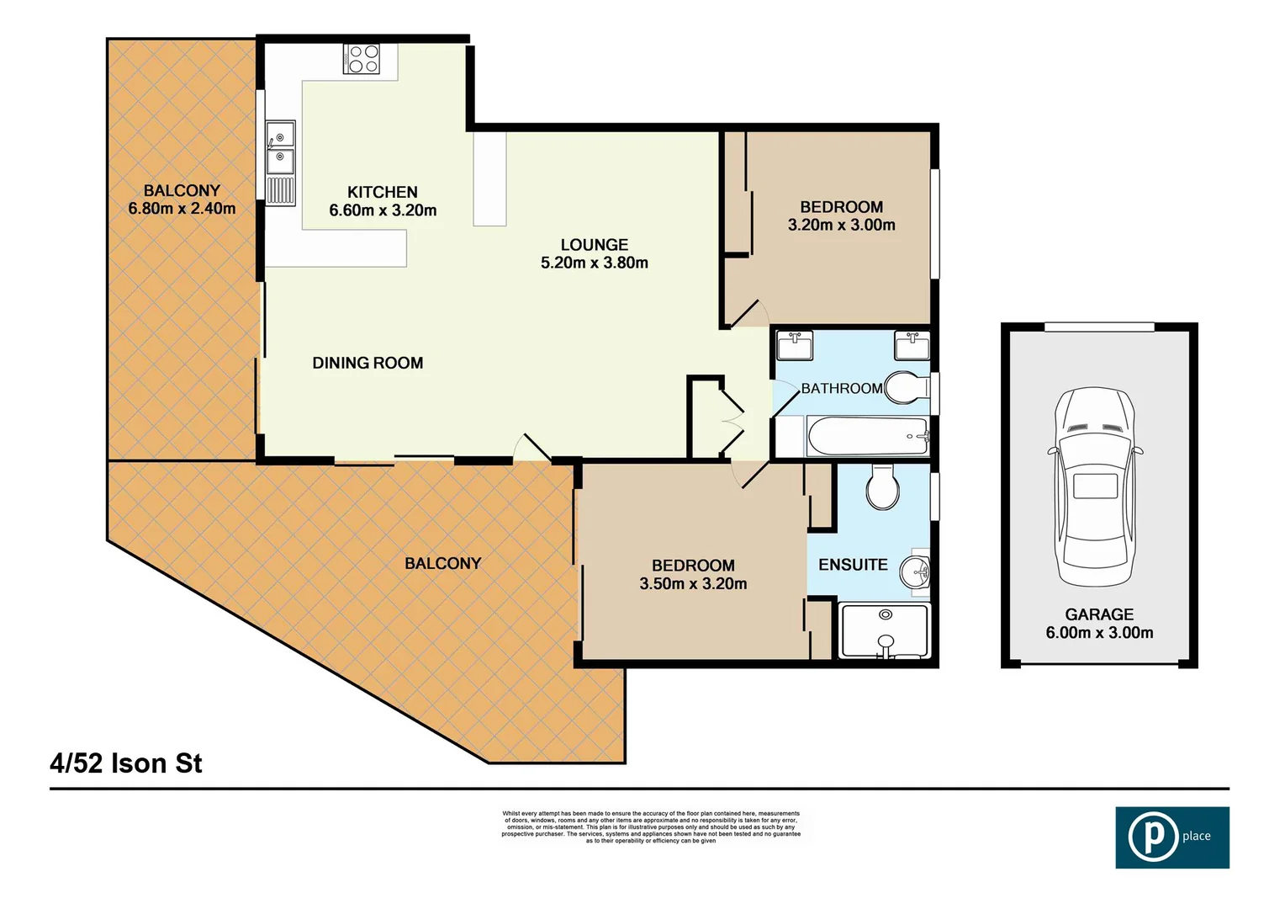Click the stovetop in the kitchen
click(362, 59)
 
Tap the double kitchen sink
click(280, 147)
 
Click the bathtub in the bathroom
click(867, 436)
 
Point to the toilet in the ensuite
click(883, 487)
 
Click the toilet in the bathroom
click(905, 389)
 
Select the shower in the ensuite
click(884, 631)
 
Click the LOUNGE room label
click(594, 245)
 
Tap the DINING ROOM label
click(368, 363)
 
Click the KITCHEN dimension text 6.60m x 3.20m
click(383, 210)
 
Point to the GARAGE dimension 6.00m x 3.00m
click(1099, 633)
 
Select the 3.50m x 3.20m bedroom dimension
click(693, 583)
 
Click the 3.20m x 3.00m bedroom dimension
click(841, 225)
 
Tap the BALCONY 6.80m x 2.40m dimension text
click(182, 209)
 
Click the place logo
click(1171, 837)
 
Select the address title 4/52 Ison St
click(126, 763)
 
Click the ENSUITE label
click(853, 565)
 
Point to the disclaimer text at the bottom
click(651, 827)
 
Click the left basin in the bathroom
click(794, 345)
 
